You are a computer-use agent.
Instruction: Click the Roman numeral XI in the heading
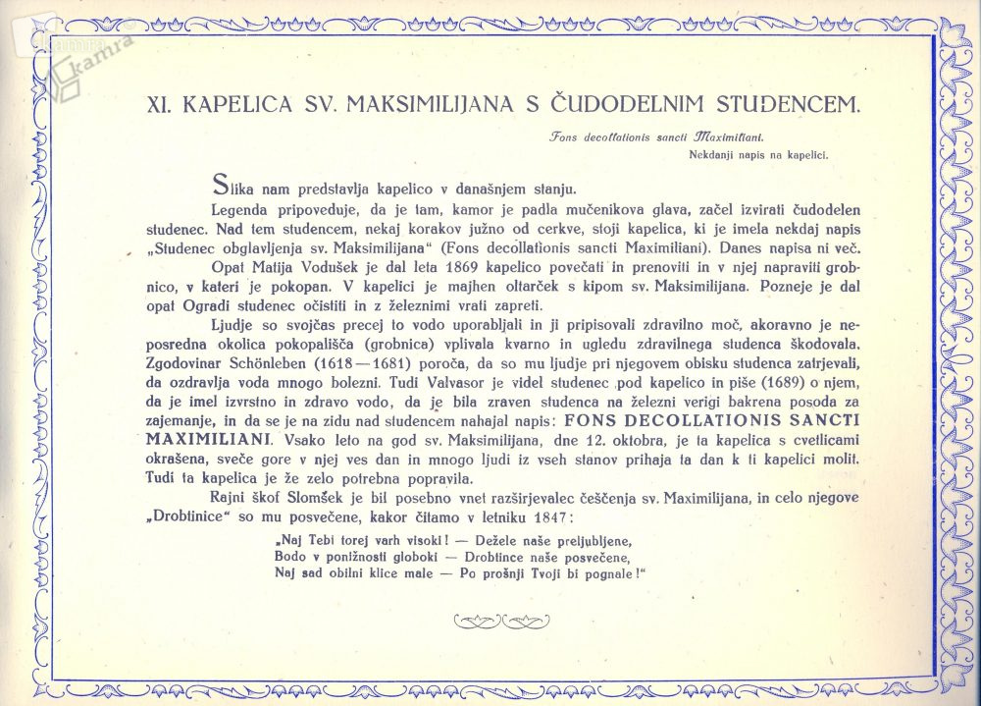click(x=158, y=103)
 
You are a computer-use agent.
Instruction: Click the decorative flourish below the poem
click(x=491, y=620)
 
